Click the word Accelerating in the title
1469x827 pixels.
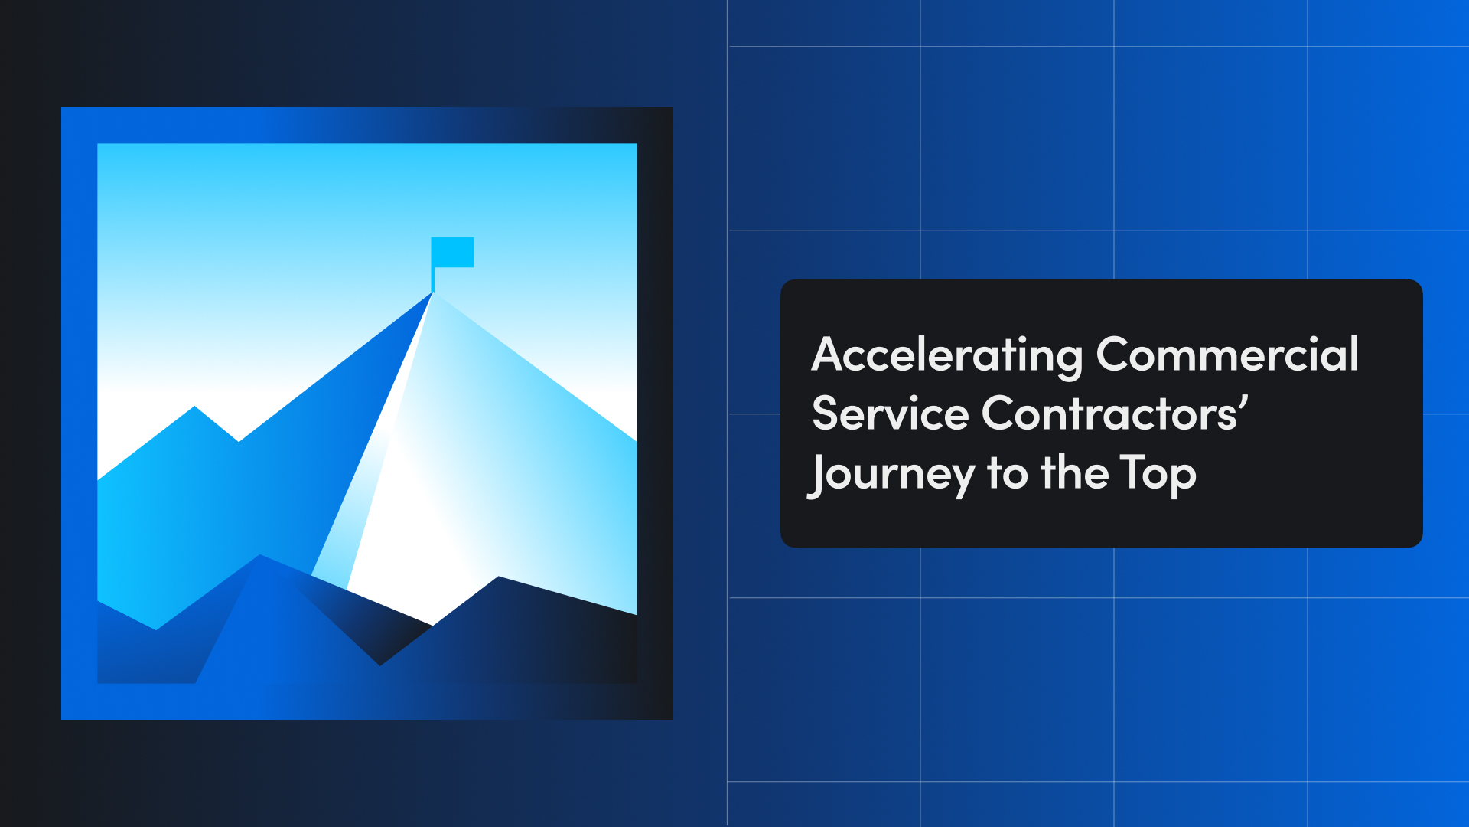(946, 355)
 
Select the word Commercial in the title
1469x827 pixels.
(1226, 355)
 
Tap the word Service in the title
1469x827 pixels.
(890, 414)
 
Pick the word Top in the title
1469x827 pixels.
(1157, 474)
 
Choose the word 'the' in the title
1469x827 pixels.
(1074, 473)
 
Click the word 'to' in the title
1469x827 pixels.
(1007, 474)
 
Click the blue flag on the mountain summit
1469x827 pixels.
(453, 252)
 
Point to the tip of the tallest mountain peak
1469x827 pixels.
(433, 293)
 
